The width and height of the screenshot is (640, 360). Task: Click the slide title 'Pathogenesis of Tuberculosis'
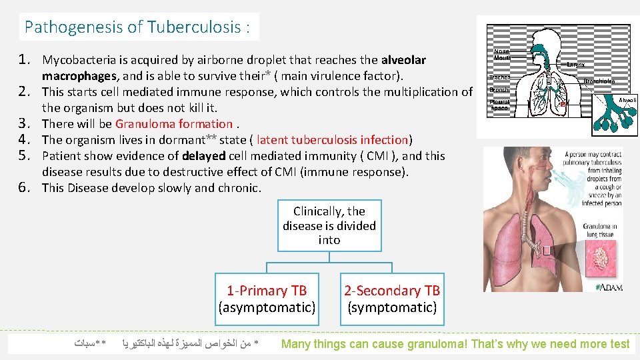pos(137,27)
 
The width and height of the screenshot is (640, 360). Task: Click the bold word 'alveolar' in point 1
pos(403,60)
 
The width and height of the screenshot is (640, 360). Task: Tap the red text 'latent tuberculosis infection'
pos(332,139)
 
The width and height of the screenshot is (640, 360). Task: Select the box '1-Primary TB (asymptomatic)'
pos(267,299)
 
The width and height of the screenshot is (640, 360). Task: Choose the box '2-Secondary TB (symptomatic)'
pos(392,299)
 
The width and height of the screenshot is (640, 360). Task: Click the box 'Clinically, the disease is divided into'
pos(329,225)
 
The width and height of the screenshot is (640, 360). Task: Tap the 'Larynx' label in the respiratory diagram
pos(576,64)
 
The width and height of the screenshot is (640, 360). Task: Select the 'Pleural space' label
pos(499,104)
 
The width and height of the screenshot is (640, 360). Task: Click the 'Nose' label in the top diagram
pos(501,51)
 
